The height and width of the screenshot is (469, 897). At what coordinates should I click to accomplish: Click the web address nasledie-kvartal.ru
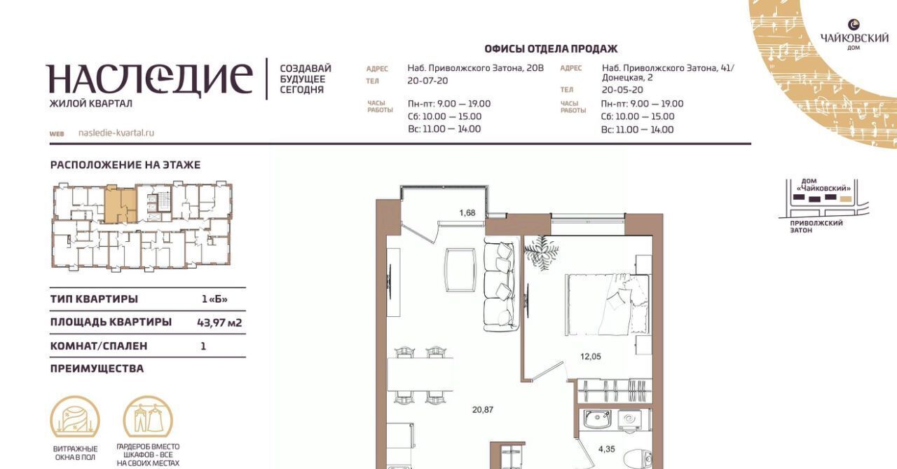click(x=116, y=132)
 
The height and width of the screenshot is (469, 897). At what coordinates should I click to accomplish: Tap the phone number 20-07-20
click(x=427, y=81)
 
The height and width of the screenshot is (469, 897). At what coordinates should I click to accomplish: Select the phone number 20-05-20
click(x=622, y=90)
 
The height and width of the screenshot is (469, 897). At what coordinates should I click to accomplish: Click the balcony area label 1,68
click(x=467, y=212)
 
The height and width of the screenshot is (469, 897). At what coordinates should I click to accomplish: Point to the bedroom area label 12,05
click(x=591, y=356)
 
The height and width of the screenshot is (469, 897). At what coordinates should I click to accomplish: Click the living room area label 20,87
click(x=483, y=409)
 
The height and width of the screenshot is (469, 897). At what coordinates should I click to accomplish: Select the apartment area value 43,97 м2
click(x=219, y=322)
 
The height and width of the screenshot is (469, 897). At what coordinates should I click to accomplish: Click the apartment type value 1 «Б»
click(x=214, y=299)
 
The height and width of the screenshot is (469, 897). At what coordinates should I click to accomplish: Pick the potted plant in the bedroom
click(x=541, y=252)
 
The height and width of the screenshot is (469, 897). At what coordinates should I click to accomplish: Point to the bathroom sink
click(x=597, y=421)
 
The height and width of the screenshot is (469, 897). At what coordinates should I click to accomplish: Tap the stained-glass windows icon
click(x=75, y=418)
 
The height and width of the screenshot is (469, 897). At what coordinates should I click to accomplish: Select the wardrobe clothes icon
click(x=148, y=418)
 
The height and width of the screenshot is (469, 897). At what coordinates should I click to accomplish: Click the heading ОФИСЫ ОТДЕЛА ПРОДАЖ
click(x=551, y=49)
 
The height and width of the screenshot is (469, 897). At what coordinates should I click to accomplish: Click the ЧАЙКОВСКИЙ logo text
click(x=854, y=39)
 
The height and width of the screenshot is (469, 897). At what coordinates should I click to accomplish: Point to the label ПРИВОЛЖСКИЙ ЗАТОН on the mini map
click(x=816, y=226)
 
